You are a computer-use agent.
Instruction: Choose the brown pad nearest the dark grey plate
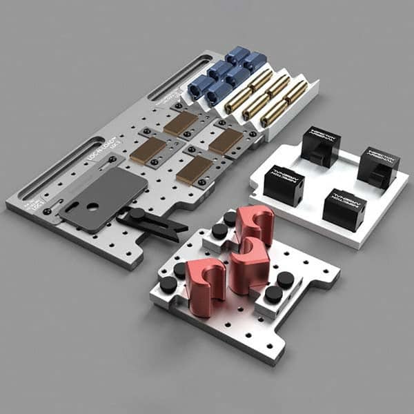tap(148, 150)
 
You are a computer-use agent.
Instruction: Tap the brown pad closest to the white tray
tap(225, 141)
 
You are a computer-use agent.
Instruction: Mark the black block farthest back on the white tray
tap(320, 145)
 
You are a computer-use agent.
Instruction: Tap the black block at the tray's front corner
tap(344, 208)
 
